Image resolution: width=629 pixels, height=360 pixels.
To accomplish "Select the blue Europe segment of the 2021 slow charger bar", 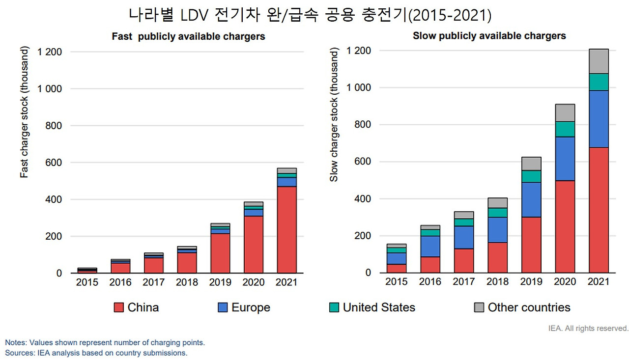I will (x=599, y=118).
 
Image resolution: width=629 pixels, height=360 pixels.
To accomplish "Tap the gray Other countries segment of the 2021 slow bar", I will (x=599, y=61).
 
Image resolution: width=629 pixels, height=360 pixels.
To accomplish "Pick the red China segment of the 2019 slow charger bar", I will (x=531, y=245).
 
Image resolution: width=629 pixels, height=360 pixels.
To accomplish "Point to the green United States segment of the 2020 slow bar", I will (x=565, y=129).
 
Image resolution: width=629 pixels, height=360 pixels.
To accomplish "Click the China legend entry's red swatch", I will (x=119, y=307).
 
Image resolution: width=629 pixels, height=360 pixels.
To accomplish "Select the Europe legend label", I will (x=251, y=307).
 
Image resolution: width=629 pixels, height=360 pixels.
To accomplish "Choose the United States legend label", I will (x=379, y=307).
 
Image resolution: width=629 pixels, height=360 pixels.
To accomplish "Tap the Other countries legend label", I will (x=529, y=307).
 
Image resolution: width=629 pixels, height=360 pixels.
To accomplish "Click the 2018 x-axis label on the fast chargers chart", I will (x=187, y=282).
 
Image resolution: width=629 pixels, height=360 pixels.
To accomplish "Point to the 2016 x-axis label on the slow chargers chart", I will (x=430, y=282).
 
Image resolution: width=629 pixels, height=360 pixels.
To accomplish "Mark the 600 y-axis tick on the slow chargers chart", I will (x=363, y=162).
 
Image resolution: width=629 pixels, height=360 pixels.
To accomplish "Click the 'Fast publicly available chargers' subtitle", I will (x=188, y=36).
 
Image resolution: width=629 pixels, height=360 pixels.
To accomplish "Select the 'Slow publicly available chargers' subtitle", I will (x=489, y=36).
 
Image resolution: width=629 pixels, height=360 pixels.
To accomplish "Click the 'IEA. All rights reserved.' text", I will (x=588, y=328).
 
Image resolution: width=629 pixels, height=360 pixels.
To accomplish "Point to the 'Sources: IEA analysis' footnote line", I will (x=96, y=353).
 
